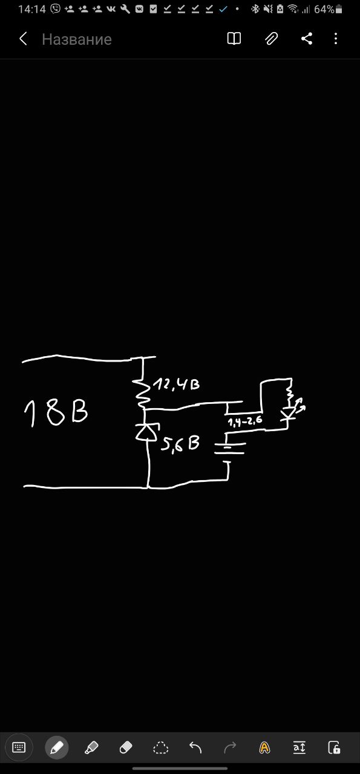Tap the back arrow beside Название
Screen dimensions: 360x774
pyautogui.click(x=23, y=39)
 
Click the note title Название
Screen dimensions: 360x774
pyautogui.click(x=77, y=39)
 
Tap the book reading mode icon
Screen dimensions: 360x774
pyautogui.click(x=234, y=39)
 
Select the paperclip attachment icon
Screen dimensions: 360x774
pyautogui.click(x=271, y=39)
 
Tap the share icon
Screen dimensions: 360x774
pyautogui.click(x=307, y=39)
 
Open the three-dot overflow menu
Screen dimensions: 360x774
pyautogui.click(x=335, y=39)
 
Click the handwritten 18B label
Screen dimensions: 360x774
pyautogui.click(x=56, y=413)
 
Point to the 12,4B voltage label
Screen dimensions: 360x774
pyautogui.click(x=176, y=384)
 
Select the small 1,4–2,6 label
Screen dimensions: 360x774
pyautogui.click(x=245, y=421)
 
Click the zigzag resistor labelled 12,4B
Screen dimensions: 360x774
pyautogui.click(x=142, y=391)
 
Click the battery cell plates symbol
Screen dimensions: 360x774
pyautogui.click(x=229, y=448)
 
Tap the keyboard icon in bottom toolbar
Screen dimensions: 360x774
pyautogui.click(x=19, y=748)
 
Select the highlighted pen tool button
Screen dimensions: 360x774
pyautogui.click(x=57, y=748)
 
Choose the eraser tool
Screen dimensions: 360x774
pyautogui.click(x=125, y=748)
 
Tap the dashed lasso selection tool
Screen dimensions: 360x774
pyautogui.click(x=160, y=748)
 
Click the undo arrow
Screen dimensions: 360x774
pyautogui.click(x=195, y=748)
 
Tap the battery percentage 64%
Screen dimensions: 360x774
pyautogui.click(x=324, y=9)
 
